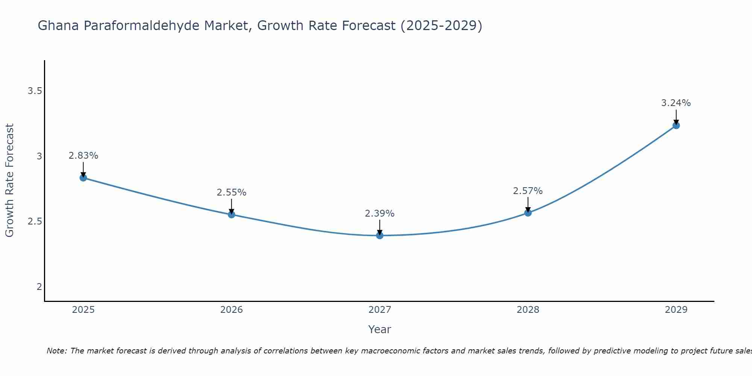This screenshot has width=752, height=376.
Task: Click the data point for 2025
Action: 83,178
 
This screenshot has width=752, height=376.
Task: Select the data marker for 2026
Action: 232,215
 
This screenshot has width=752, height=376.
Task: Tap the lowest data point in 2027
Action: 380,235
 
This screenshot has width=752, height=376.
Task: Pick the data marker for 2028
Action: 528,213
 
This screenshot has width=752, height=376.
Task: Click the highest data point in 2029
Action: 676,126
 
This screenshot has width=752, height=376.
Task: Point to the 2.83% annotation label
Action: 83,156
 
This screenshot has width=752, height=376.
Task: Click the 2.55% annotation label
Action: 232,193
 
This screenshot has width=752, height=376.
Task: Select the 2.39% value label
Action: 380,214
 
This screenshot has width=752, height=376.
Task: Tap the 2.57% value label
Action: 528,191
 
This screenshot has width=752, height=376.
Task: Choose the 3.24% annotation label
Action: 676,103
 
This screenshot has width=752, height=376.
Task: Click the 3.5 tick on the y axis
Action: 35,91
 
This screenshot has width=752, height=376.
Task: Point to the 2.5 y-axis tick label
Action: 35,221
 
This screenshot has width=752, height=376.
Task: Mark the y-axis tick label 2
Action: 39,287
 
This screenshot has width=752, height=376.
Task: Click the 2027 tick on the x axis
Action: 380,310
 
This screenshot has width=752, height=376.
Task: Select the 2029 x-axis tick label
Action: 676,310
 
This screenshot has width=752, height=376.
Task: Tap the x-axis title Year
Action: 380,329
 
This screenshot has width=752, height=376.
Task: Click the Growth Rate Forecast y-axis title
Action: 9,180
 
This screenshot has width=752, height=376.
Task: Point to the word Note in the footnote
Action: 56,351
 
